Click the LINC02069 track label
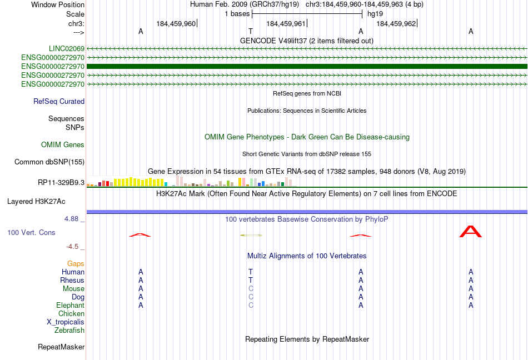pos(66,49)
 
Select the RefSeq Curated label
pos(59,101)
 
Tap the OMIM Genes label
pos(63,144)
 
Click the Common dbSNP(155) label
pos(49,162)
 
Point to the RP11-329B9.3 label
pos(61,183)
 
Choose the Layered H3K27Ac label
pos(36,202)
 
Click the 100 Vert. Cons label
pos(31,232)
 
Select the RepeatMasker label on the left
pos(61,347)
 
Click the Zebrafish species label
pos(69,331)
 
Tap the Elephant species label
pos(71,306)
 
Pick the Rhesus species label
pos(72,280)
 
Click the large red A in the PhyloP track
pos(471,232)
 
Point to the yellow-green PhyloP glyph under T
pos(251,235)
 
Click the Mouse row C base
pos(251,289)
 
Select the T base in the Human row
pos(251,272)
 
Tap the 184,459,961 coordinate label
pos(286,23)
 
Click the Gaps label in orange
pos(76,264)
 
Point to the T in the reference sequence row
pos(251,31)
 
